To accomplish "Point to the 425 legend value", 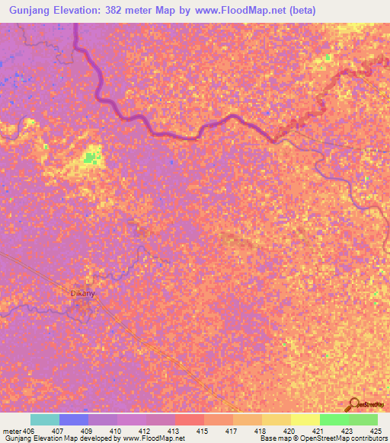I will point(374,430).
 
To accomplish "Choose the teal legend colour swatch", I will point(45,419).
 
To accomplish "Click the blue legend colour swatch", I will point(74,419).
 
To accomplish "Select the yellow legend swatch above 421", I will point(305,419).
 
